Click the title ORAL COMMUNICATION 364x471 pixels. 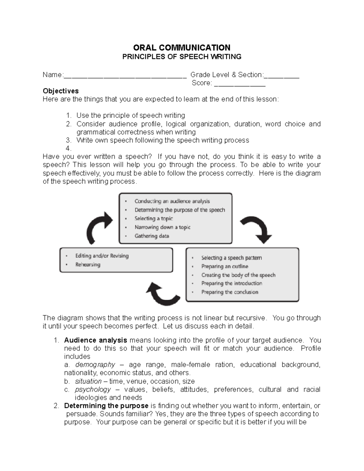[182, 48]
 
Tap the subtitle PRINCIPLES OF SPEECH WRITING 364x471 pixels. [182, 57]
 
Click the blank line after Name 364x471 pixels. [125, 75]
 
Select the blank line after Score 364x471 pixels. [240, 83]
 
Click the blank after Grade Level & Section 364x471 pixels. [281, 75]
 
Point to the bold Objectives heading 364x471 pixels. [61, 91]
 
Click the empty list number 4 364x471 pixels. [68, 148]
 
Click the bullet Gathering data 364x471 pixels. [152, 236]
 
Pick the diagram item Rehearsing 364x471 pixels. [88, 264]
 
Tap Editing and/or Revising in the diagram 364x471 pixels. [102, 256]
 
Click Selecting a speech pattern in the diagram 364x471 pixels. [231, 258]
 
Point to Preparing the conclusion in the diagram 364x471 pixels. [230, 292]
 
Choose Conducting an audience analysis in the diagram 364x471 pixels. [172, 201]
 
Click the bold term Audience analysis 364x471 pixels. [96, 340]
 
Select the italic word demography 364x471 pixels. [95, 365]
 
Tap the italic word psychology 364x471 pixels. [93, 389]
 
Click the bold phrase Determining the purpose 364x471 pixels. [106, 406]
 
